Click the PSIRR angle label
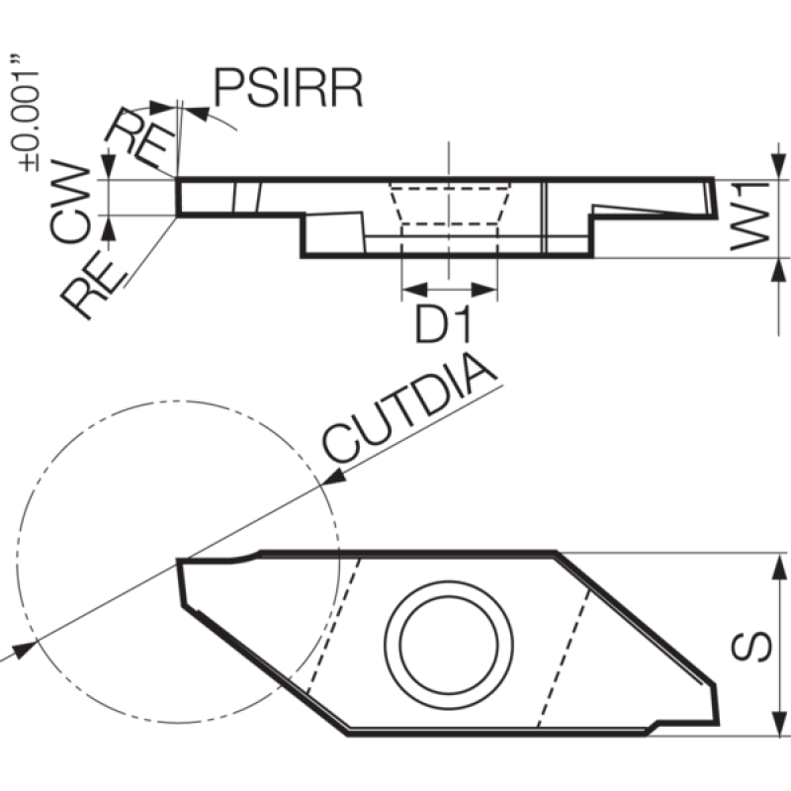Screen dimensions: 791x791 (289, 88)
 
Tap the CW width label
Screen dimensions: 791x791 (70, 201)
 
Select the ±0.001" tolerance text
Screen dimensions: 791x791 (24, 114)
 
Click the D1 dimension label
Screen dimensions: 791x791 (443, 324)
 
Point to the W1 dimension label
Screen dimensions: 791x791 (749, 216)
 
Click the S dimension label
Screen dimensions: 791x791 (751, 646)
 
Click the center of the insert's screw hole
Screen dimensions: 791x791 (449, 645)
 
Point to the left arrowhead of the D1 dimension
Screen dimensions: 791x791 (414, 290)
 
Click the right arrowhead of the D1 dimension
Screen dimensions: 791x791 (484, 290)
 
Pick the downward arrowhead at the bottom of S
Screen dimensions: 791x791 (779, 723)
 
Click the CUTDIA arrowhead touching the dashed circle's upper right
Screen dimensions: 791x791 (334, 478)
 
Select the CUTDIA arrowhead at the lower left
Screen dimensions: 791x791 (23, 650)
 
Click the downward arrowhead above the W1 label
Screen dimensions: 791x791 (779, 167)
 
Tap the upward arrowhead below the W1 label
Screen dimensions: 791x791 (779, 271)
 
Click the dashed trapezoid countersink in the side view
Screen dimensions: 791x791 (449, 204)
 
